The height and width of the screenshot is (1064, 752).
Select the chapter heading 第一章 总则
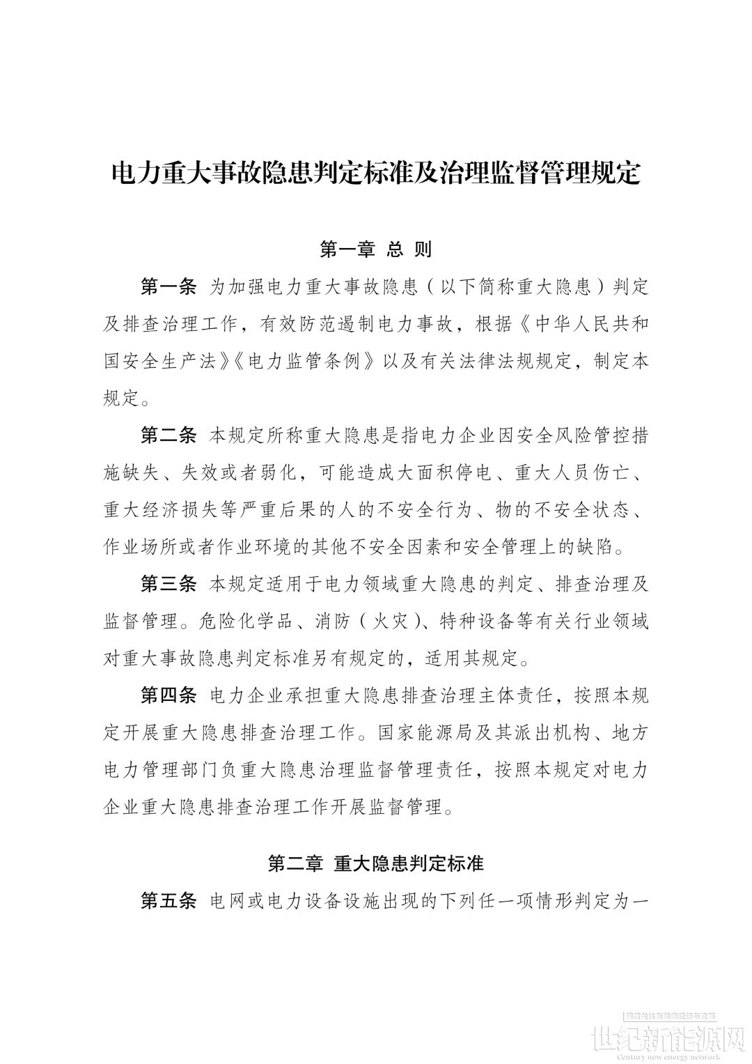pyautogui.click(x=376, y=249)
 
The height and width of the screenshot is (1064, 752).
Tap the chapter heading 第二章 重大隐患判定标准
pyautogui.click(x=376, y=863)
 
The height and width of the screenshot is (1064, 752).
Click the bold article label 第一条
pyautogui.click(x=169, y=286)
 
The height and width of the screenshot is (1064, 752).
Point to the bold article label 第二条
pyautogui.click(x=169, y=436)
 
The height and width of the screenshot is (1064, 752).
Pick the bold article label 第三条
pyautogui.click(x=169, y=583)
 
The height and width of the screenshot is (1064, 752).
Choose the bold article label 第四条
pyautogui.click(x=169, y=695)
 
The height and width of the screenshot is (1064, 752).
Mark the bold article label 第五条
pyautogui.click(x=169, y=900)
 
